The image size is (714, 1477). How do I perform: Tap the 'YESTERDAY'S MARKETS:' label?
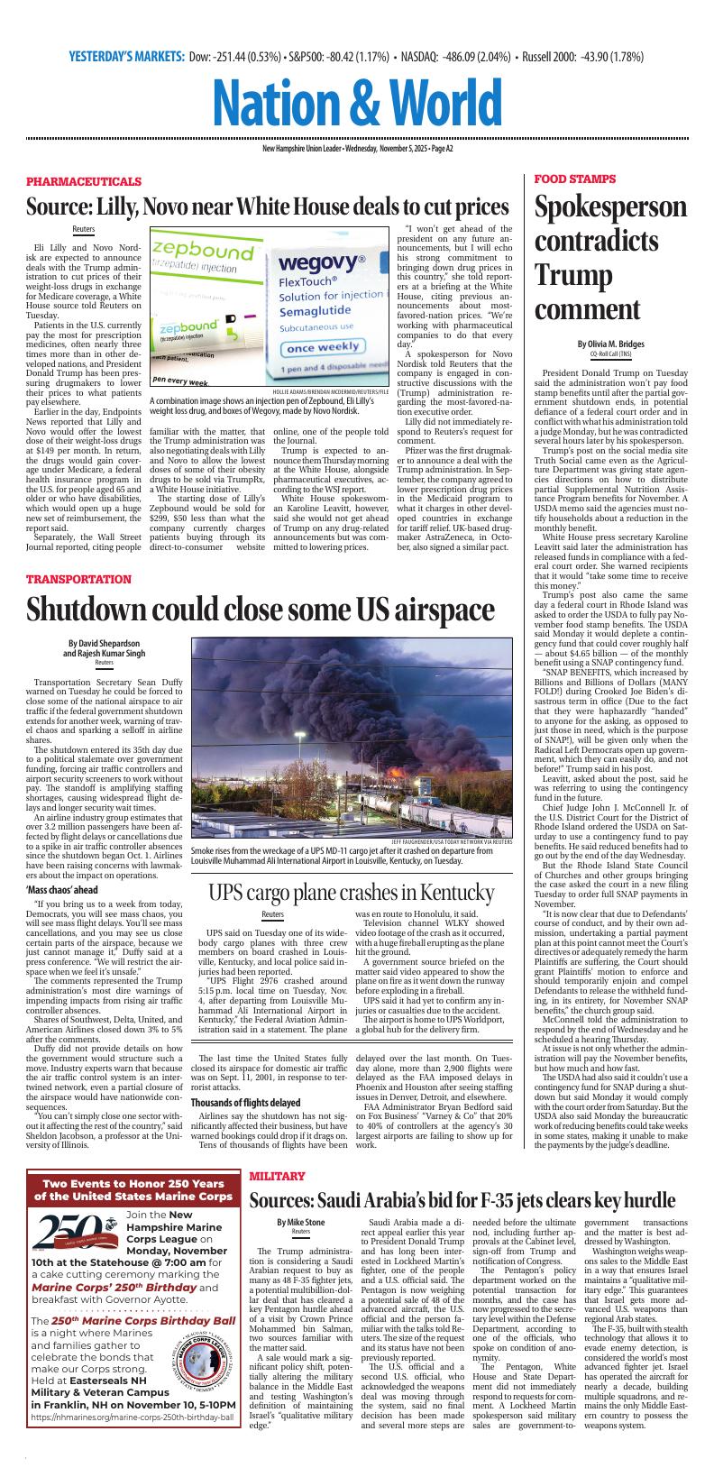[x=126, y=57]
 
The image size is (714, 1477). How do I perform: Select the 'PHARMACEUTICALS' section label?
[x=84, y=181]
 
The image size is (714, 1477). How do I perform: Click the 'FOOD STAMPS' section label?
[x=575, y=179]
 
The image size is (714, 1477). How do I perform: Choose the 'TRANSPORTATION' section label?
[x=79, y=579]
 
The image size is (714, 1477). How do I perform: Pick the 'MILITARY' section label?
[x=277, y=1177]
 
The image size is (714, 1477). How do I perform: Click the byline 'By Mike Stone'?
[x=300, y=1223]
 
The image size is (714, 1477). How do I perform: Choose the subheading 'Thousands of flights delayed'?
[x=250, y=1102]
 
